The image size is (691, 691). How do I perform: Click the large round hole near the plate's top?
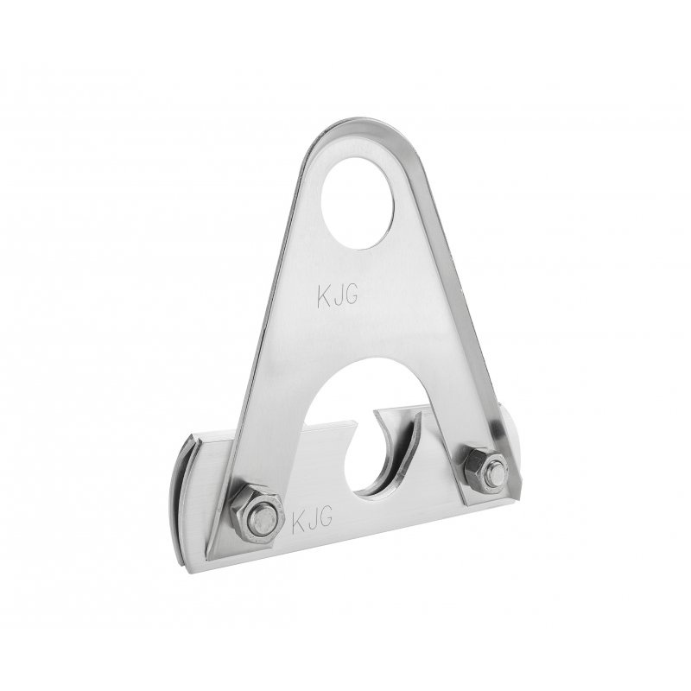(358, 203)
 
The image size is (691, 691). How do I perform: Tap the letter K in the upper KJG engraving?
(324, 296)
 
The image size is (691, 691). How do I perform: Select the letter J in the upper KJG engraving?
(337, 296)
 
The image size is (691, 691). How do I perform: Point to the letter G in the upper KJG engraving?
(351, 295)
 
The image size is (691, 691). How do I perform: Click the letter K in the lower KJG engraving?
(299, 521)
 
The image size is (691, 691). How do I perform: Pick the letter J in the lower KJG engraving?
(312, 519)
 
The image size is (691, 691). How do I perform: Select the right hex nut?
(485, 470)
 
